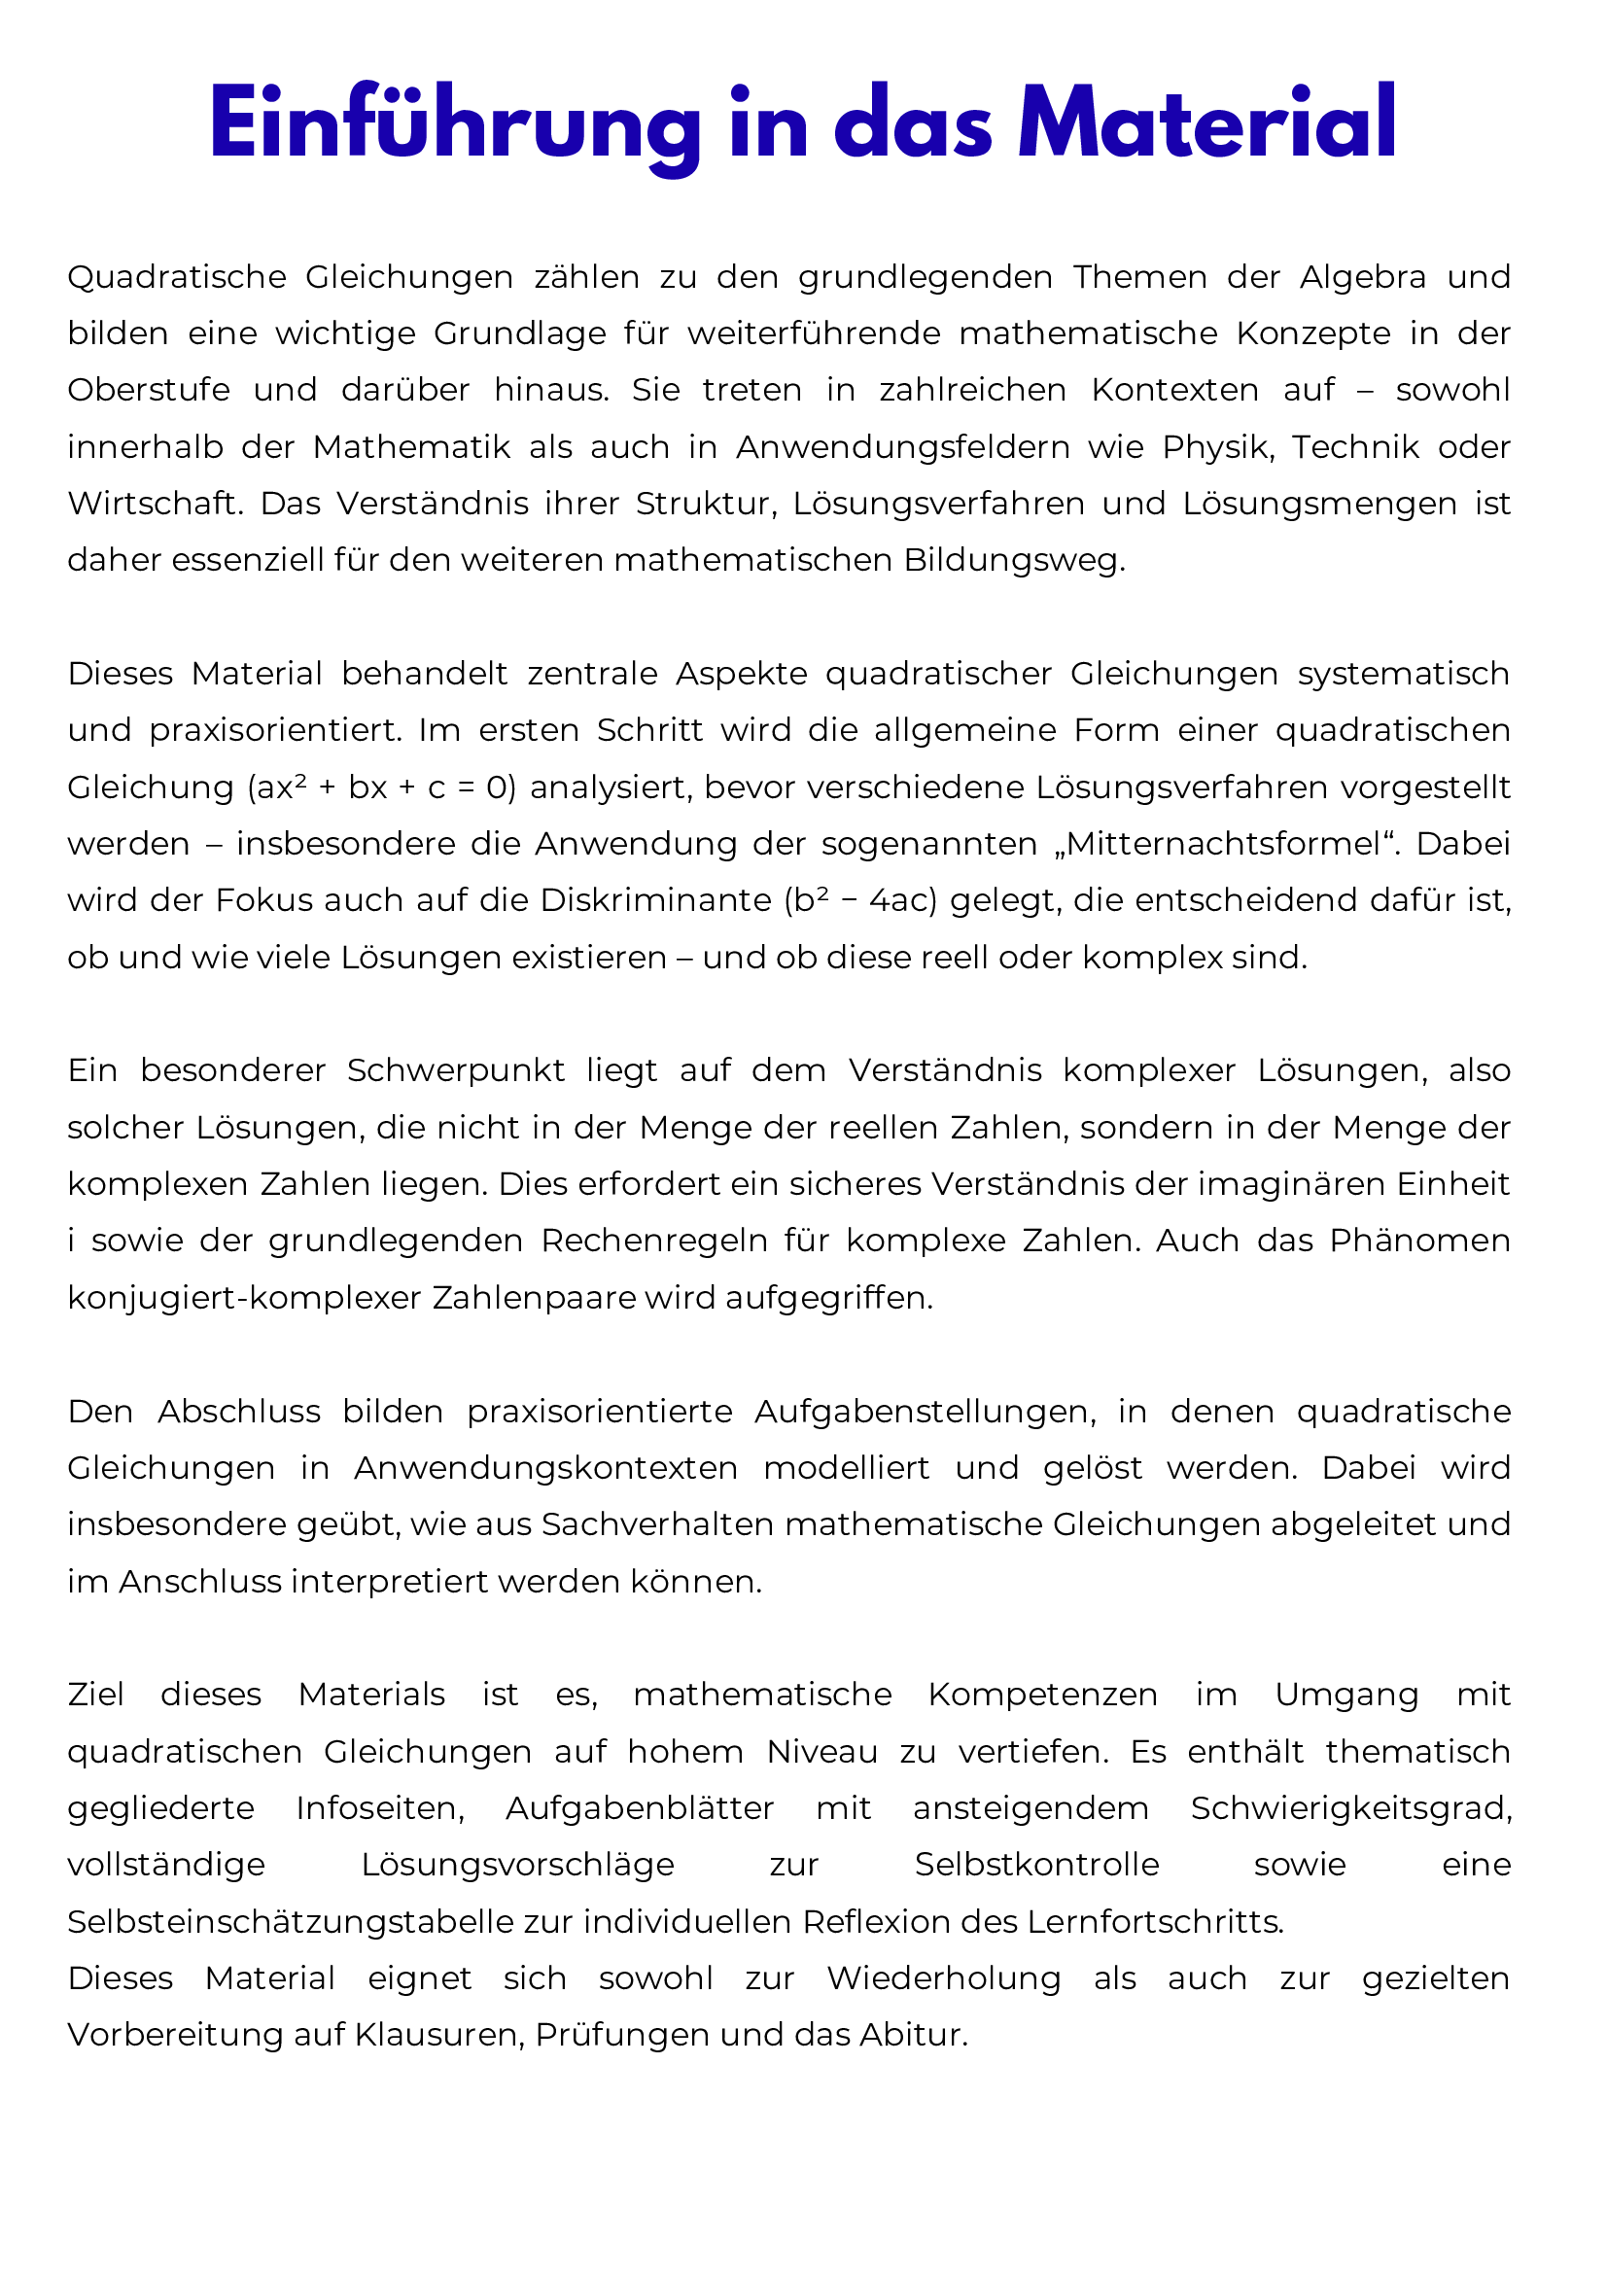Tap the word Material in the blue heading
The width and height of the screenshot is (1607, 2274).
pos(1207,124)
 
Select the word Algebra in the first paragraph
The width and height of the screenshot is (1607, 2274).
pos(1362,277)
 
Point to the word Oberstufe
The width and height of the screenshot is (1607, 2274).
pos(149,390)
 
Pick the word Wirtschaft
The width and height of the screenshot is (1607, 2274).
pos(154,505)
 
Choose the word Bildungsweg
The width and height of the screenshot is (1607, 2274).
pos(1013,561)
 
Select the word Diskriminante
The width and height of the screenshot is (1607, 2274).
pos(654,900)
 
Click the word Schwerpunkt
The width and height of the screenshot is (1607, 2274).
pos(456,1070)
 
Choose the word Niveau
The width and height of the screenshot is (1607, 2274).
pos(821,1752)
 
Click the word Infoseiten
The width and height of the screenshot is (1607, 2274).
pos(381,1808)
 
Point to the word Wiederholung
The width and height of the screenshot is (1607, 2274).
pos(944,1978)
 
